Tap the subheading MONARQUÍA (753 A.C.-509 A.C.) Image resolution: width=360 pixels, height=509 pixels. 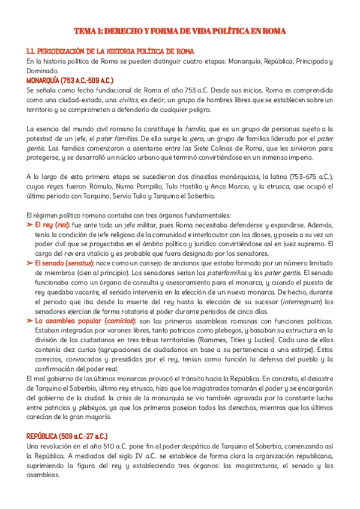click(70, 79)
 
